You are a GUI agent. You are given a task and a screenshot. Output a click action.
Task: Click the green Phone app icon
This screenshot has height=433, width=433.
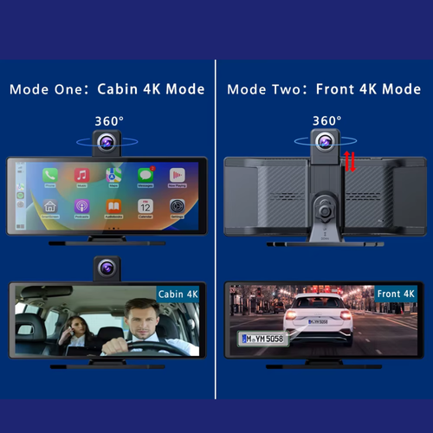tap(50, 176)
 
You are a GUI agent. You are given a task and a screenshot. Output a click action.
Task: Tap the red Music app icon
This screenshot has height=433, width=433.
tap(81, 176)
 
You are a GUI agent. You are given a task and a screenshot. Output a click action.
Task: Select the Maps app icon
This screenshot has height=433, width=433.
tap(113, 176)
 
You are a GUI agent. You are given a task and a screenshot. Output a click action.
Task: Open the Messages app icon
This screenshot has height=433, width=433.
tap(145, 176)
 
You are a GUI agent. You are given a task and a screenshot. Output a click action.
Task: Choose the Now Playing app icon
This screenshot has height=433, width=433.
tap(177, 176)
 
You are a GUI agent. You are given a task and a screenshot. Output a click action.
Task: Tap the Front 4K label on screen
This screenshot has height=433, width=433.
tap(395, 294)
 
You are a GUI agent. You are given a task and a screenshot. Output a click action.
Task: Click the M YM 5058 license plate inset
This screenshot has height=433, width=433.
tap(265, 339)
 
